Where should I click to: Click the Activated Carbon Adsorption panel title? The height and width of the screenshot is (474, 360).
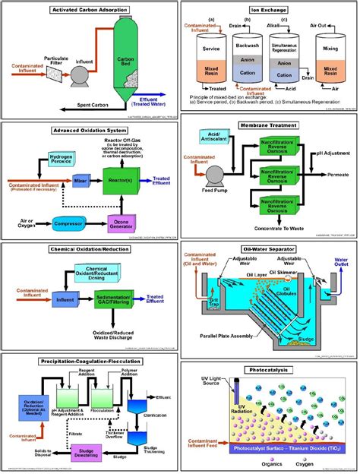pyautogui.click(x=90, y=10)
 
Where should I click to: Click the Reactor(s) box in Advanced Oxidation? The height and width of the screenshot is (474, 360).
pyautogui.click(x=137, y=182)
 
